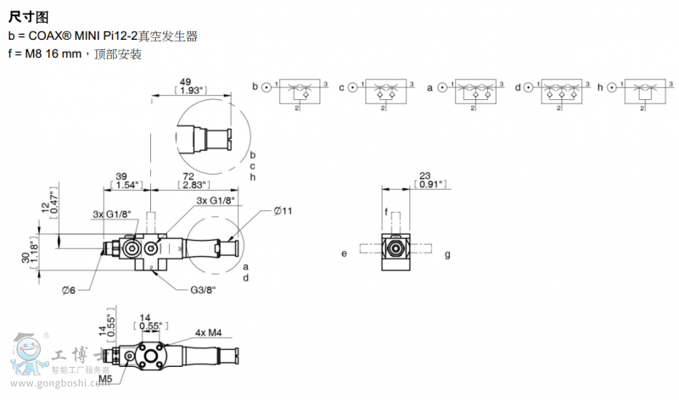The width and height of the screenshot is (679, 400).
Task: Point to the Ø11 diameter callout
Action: tap(283, 209)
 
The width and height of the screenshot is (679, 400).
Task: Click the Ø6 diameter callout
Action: tap(70, 291)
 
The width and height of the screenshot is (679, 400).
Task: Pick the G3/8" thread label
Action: tap(203, 290)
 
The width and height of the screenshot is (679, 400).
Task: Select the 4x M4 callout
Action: tap(208, 333)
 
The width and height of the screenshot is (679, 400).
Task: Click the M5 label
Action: tap(105, 379)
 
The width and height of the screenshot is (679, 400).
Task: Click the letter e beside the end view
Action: tap(345, 253)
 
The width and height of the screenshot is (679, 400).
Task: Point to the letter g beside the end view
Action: tap(447, 253)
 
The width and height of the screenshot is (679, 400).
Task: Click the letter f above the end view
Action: tap(386, 211)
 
